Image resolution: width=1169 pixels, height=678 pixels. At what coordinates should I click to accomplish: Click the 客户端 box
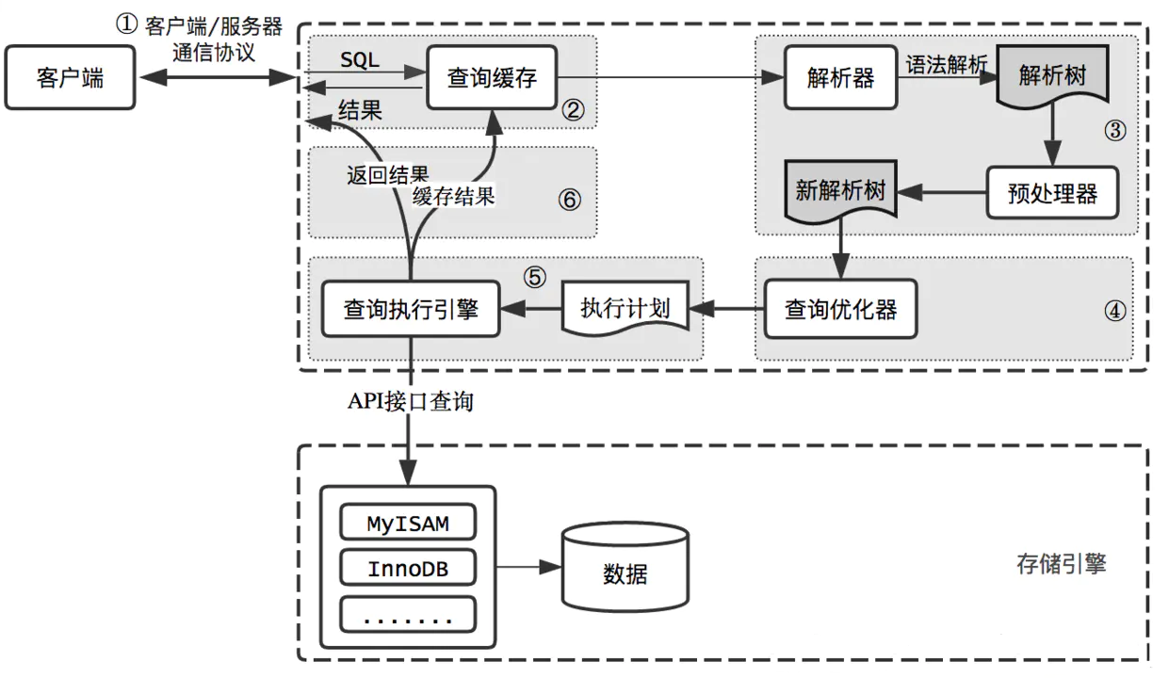coord(70,78)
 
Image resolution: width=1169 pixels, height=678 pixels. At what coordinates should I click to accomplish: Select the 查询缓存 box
coord(492,78)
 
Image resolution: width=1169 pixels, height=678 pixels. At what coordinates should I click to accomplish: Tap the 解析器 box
coord(841,78)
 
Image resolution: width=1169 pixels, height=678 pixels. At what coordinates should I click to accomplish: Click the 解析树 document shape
coord(1052,75)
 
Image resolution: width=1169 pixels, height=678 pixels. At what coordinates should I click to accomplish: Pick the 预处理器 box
coord(1052,193)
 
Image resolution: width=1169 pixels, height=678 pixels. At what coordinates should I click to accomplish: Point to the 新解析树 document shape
coord(841,190)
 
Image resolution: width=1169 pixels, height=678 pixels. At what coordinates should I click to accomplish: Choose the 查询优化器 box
coord(841,309)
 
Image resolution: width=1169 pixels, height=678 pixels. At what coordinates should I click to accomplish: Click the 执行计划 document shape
coord(625,308)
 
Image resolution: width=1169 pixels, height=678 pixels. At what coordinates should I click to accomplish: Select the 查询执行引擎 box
coord(411,309)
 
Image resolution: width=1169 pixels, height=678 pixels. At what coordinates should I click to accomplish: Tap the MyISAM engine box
coord(408,523)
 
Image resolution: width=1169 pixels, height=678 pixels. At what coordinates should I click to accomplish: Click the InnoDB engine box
coord(408,568)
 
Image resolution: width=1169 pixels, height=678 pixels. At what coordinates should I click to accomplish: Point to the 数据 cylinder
coord(625,567)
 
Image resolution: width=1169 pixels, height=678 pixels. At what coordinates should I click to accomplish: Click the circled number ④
coord(1114,311)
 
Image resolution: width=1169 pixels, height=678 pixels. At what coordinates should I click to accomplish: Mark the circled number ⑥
coord(569,200)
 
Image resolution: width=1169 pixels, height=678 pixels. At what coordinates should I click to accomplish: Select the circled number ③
coord(1114,130)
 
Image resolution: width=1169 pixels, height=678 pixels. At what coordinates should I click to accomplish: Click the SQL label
coord(360,59)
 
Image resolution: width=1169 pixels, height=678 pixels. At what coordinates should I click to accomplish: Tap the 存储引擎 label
coord(1061,564)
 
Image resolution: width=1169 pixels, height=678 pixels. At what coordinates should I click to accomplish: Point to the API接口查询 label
coord(410,401)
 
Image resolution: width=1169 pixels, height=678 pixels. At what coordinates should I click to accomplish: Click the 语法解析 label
coord(946,65)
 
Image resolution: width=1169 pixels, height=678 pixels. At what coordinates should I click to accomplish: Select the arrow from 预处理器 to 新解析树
coord(942,192)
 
